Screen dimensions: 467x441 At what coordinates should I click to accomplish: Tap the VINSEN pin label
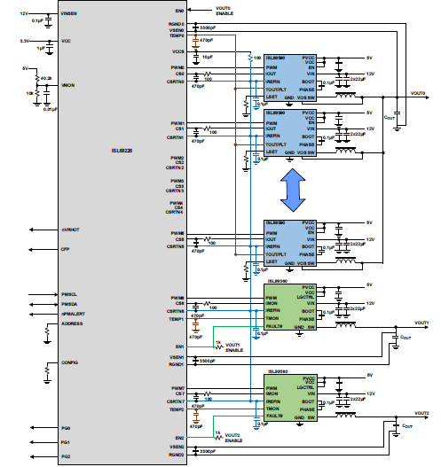[x=67, y=13]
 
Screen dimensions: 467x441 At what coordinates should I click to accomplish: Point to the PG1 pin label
[x=65, y=441]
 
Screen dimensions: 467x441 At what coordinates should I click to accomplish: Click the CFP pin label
[x=64, y=249]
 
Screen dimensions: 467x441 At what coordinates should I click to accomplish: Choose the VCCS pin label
[x=177, y=51]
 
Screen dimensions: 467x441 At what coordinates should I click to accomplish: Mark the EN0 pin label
[x=178, y=10]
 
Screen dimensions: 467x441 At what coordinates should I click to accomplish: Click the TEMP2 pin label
[x=176, y=409]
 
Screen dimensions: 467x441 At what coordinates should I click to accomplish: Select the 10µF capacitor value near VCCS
[x=207, y=57]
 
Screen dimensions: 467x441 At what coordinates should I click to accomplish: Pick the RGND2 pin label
[x=176, y=455]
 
